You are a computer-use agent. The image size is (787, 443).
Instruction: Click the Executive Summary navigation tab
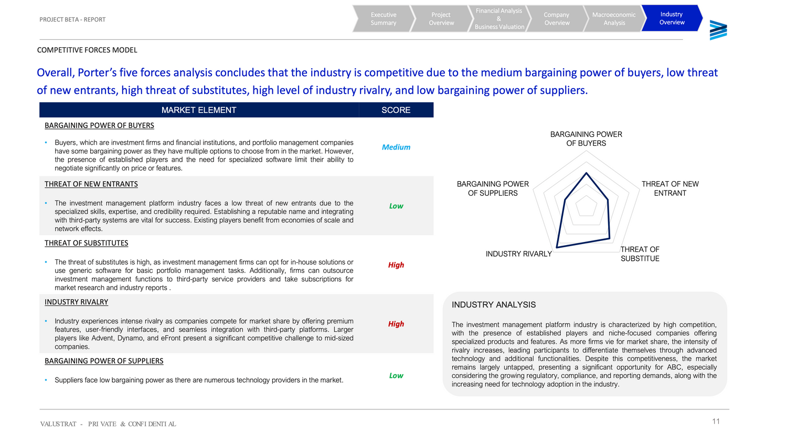pyautogui.click(x=384, y=19)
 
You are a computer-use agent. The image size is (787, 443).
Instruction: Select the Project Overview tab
pyautogui.click(x=441, y=19)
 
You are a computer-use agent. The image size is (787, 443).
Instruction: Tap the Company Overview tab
pyautogui.click(x=557, y=19)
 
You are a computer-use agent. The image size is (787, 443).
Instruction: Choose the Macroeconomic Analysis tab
pyautogui.click(x=614, y=19)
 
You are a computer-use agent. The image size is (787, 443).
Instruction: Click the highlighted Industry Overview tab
pyautogui.click(x=672, y=18)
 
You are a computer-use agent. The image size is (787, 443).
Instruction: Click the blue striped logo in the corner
pyautogui.click(x=718, y=30)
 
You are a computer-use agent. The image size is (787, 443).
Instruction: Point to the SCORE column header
pyautogui.click(x=396, y=110)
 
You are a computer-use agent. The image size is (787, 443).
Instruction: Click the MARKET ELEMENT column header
pyautogui.click(x=199, y=110)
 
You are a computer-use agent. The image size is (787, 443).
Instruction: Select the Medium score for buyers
pyautogui.click(x=396, y=147)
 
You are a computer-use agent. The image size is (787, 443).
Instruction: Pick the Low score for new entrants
pyautogui.click(x=396, y=206)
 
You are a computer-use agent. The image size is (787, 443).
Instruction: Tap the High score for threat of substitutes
pyautogui.click(x=396, y=265)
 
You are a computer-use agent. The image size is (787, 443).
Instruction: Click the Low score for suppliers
pyautogui.click(x=396, y=376)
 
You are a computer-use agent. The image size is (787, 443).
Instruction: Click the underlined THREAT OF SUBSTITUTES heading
pyautogui.click(x=87, y=243)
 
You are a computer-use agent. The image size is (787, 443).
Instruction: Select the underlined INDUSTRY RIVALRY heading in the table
pyautogui.click(x=77, y=302)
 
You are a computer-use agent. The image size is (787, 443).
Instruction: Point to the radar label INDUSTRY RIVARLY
pyautogui.click(x=519, y=254)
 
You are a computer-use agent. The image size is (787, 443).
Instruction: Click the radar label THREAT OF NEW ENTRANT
pyautogui.click(x=670, y=188)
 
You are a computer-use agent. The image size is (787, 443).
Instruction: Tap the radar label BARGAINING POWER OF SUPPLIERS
pyautogui.click(x=493, y=188)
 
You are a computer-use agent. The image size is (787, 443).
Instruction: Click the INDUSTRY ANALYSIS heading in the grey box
pyautogui.click(x=494, y=305)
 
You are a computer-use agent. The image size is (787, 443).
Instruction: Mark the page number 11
pyautogui.click(x=716, y=421)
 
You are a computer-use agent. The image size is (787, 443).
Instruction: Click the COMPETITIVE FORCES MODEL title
pyautogui.click(x=87, y=50)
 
